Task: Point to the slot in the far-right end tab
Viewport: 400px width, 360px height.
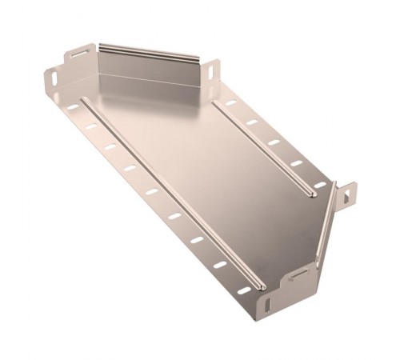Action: (x=349, y=193)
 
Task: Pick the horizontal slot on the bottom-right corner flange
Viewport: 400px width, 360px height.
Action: (x=297, y=274)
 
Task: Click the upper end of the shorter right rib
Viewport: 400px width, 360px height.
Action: (x=218, y=106)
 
